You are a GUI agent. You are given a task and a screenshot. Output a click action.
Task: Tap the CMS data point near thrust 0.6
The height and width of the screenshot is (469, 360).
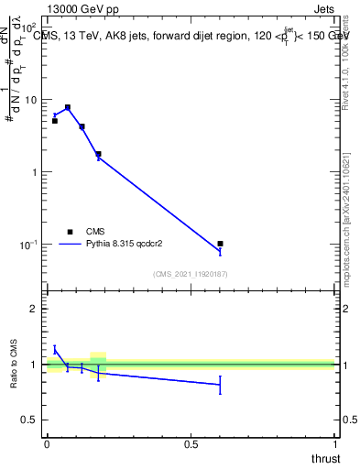tap(220, 244)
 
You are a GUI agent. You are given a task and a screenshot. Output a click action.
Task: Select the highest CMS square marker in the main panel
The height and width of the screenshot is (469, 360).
tap(68, 107)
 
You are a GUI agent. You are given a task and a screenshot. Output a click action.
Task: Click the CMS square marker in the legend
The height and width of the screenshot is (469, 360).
tap(69, 232)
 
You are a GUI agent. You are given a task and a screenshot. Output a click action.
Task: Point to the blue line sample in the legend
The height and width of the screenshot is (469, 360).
tap(70, 245)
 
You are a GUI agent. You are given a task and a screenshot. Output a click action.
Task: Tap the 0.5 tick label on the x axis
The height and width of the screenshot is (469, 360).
tap(191, 445)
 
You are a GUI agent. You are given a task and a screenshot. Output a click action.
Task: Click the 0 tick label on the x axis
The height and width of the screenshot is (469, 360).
tap(47, 445)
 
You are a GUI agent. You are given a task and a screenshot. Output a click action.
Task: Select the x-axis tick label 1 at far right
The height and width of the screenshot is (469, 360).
tap(335, 445)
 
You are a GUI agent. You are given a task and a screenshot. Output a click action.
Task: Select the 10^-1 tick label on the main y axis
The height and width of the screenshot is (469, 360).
tap(29, 245)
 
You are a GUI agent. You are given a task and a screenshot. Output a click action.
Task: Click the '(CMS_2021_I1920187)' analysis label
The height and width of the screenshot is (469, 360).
tap(191, 274)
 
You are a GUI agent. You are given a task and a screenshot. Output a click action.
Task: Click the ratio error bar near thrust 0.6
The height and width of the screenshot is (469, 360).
tap(220, 386)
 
